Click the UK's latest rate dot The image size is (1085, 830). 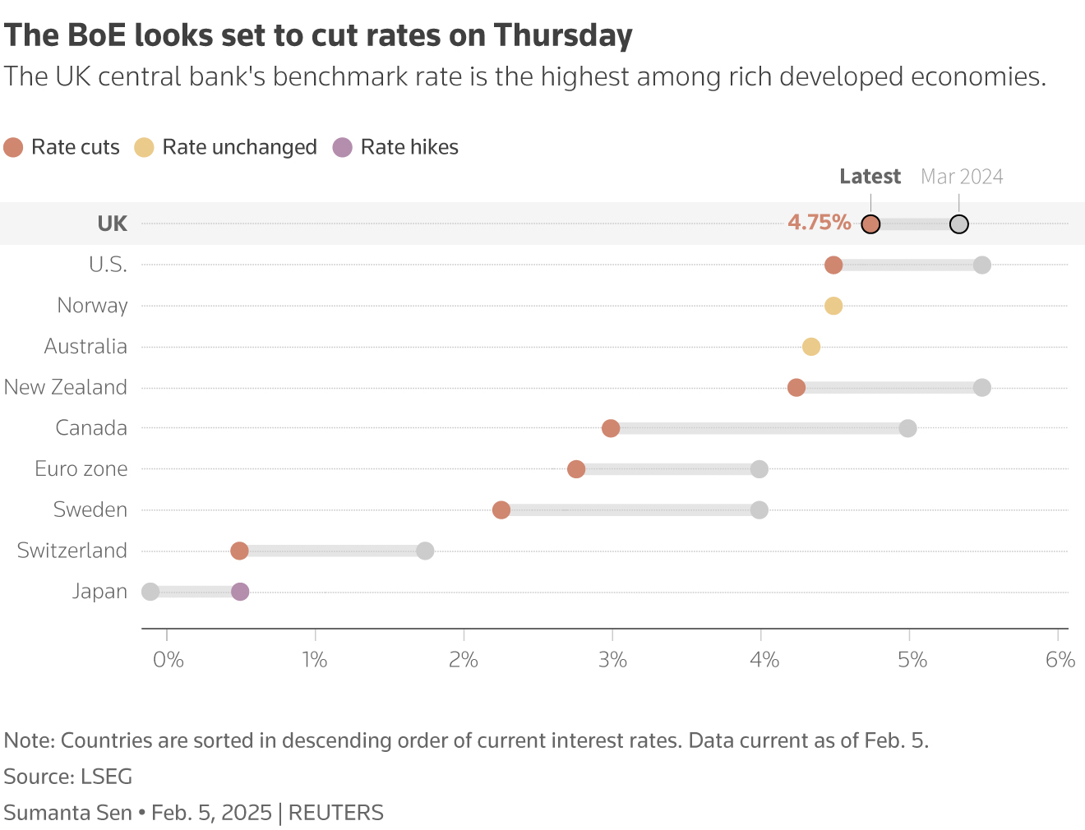tap(870, 224)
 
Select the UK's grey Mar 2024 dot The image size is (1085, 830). tap(958, 224)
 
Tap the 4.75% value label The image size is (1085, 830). tap(819, 223)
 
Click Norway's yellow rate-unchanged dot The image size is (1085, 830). tap(833, 306)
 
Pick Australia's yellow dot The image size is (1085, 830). tap(811, 347)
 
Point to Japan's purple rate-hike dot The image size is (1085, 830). tap(240, 592)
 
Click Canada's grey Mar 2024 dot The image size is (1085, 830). tap(907, 428)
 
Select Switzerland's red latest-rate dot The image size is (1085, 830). tap(239, 551)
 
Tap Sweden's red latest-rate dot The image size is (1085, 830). tap(501, 510)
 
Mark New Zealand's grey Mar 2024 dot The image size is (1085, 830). tap(981, 387)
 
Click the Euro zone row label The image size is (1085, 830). tap(81, 469)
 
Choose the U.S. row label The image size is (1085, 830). tap(108, 265)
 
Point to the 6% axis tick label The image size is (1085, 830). tap(1060, 660)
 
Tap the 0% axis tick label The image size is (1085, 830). tap(169, 660)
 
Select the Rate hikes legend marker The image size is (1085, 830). tap(342, 148)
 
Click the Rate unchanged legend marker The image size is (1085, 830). tap(145, 148)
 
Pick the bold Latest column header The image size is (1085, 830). tap(870, 177)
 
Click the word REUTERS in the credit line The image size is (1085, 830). tap(335, 813)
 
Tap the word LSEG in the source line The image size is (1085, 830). tap(106, 777)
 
